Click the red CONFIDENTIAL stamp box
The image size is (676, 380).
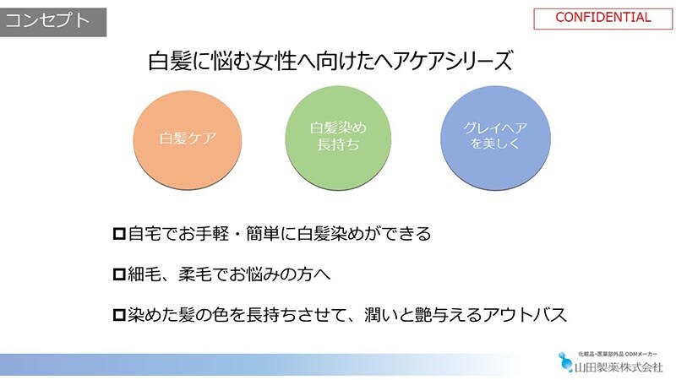click(x=602, y=19)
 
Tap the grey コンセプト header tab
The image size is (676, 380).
click(x=53, y=22)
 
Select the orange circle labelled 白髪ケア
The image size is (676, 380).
click(x=188, y=140)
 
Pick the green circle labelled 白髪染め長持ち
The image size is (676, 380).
click(x=339, y=138)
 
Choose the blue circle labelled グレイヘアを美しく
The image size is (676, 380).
click(x=495, y=138)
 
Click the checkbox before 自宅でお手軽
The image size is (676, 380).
click(x=119, y=234)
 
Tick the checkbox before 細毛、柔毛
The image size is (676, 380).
click(x=119, y=274)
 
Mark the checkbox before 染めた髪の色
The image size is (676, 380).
click(x=119, y=315)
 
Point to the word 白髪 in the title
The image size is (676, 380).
click(x=170, y=61)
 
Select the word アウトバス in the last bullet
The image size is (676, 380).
click(x=525, y=315)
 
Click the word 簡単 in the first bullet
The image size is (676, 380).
click(x=263, y=234)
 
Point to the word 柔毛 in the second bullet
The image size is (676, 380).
click(x=195, y=274)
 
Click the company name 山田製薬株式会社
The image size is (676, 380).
click(x=619, y=367)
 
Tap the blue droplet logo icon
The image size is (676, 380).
click(x=565, y=362)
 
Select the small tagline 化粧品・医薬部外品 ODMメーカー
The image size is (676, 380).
click(x=618, y=354)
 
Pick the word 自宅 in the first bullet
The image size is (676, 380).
click(x=144, y=234)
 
